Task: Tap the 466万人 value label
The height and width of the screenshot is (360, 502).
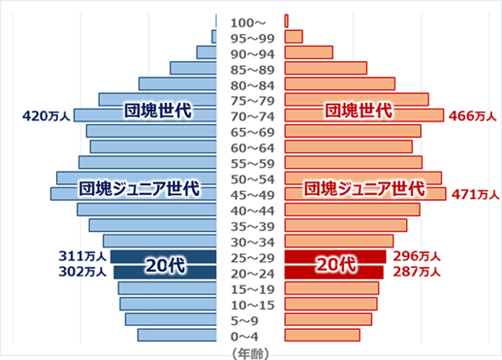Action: [x=472, y=116]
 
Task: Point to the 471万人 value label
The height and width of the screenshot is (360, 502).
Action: [x=474, y=194]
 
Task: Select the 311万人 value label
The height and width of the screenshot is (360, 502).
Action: [x=83, y=256]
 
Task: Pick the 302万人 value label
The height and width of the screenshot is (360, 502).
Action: [x=83, y=272]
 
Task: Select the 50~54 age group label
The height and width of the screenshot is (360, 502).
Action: [x=250, y=178]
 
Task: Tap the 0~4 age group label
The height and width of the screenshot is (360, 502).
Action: [x=250, y=336]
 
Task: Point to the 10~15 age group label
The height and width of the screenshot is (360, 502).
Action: [x=250, y=304]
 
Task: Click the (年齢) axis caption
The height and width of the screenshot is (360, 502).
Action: [x=250, y=352]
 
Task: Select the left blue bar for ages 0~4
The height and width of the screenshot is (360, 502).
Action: [x=177, y=336]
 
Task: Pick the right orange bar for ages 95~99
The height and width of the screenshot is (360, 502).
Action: [x=294, y=37]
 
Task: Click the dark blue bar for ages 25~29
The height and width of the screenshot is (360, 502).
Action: [x=163, y=257]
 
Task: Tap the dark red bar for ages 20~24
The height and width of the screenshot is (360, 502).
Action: [x=334, y=272]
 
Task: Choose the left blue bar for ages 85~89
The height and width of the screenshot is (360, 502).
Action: [x=193, y=68]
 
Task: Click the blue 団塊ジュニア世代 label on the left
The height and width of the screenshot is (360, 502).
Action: [x=137, y=188]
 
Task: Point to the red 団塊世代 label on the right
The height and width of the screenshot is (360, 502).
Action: [x=358, y=110]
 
